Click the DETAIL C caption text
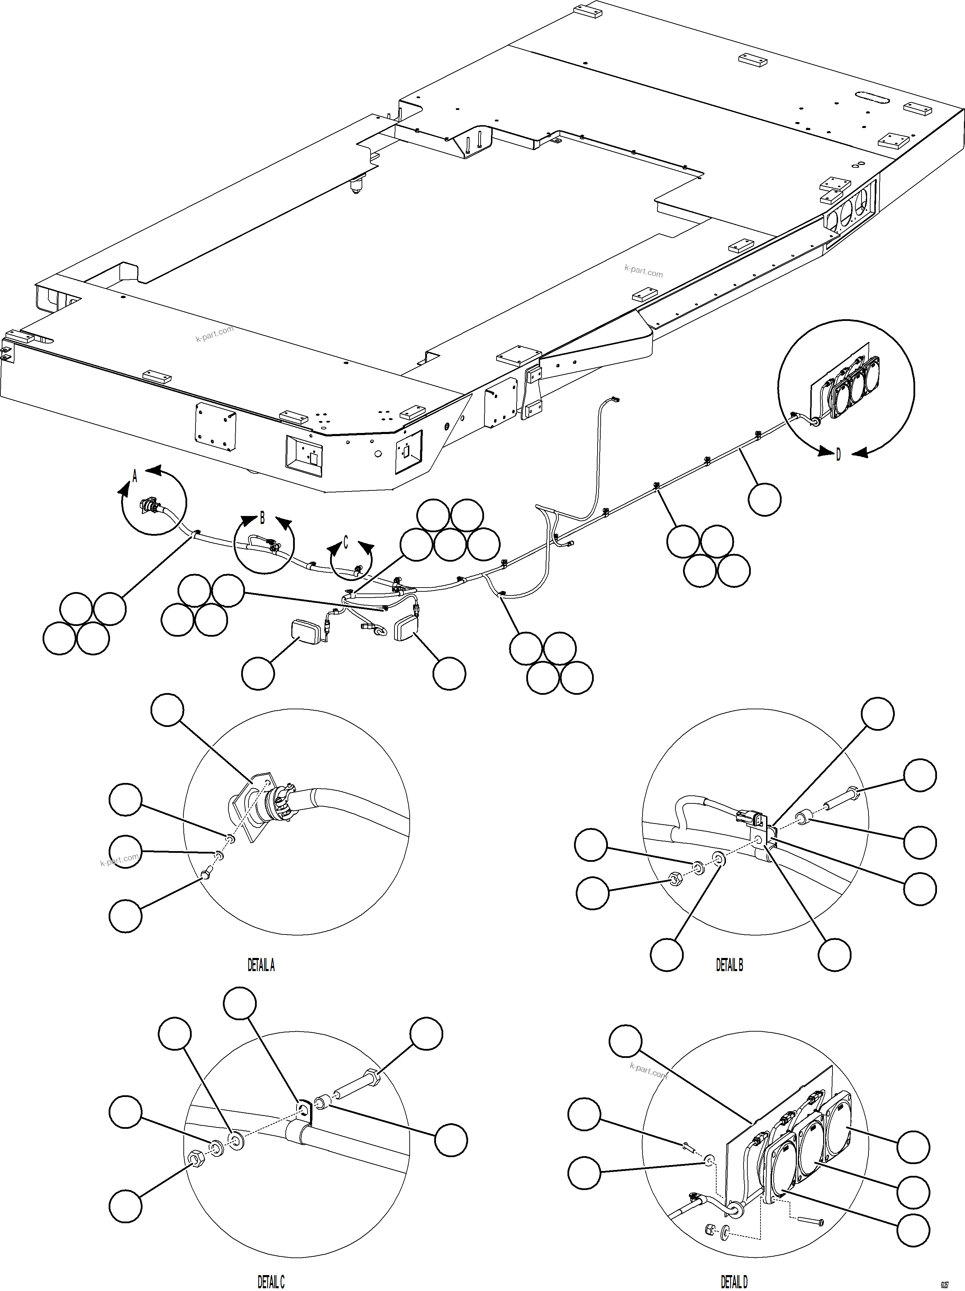[271, 1282]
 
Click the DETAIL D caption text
[734, 1282]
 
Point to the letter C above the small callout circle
[346, 543]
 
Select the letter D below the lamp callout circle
[838, 455]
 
